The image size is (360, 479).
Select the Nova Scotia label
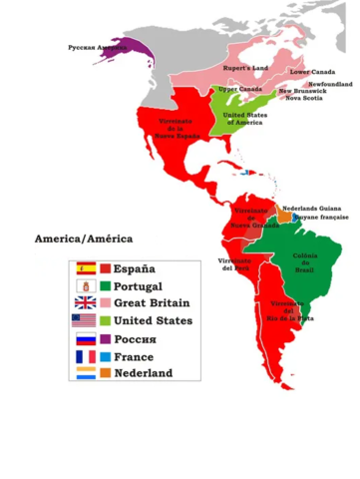pyautogui.click(x=303, y=99)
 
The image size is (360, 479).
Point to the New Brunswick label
pyautogui.click(x=301, y=92)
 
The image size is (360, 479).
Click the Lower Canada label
pyautogui.click(x=310, y=72)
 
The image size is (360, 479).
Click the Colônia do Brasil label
pyautogui.click(x=305, y=261)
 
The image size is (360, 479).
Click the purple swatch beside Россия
pyautogui.click(x=105, y=338)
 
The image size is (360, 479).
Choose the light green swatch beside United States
pyautogui.click(x=105, y=320)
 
